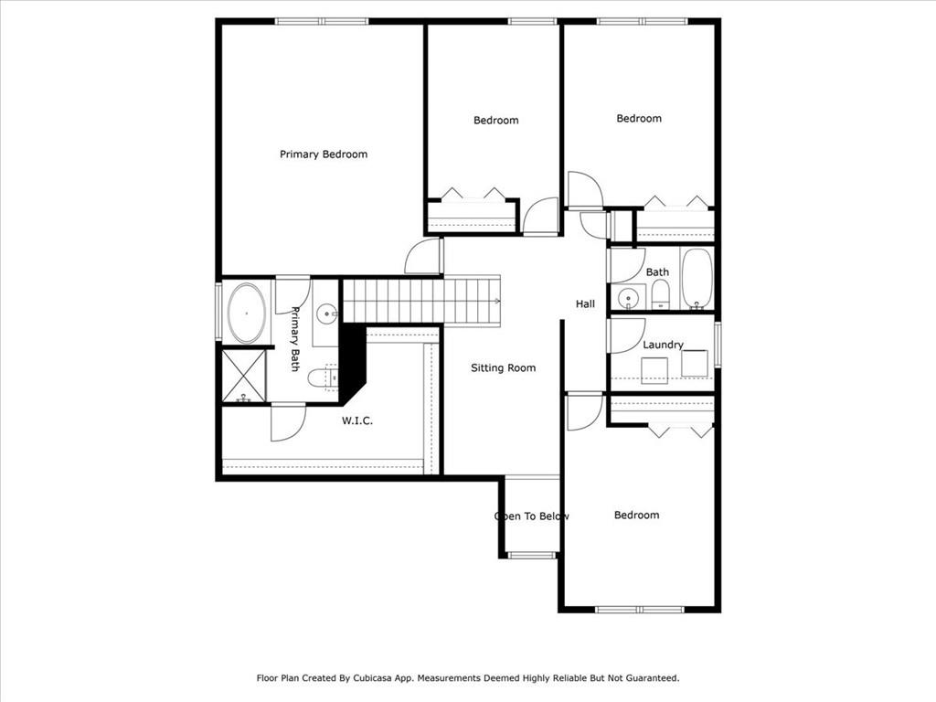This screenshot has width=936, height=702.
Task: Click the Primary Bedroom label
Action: point(324,154)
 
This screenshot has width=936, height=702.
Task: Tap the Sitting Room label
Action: point(504,368)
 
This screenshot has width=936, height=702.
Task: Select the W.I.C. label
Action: point(357,420)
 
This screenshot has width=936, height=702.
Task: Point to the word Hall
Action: point(585,303)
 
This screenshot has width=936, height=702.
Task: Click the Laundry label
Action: point(663,345)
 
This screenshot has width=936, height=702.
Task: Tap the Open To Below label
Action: point(532,516)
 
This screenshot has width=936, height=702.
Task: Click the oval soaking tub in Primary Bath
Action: point(247,314)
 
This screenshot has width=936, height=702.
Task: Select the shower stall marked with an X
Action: point(243,376)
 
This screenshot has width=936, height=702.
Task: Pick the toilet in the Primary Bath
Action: point(323,378)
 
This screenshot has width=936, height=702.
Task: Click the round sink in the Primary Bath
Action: point(327,313)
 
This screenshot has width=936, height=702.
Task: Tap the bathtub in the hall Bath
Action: point(697,279)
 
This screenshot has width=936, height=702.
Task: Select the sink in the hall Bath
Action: point(628,297)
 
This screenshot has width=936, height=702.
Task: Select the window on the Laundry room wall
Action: point(718,345)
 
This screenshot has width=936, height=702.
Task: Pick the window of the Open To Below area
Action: point(532,555)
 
